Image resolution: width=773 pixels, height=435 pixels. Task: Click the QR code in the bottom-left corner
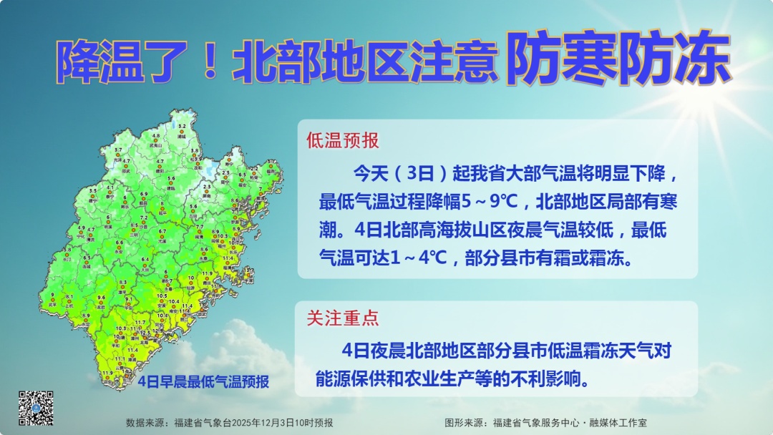pos(36,407)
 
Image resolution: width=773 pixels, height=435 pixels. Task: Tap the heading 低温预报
pos(343,140)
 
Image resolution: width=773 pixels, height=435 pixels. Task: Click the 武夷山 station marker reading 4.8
pos(155,140)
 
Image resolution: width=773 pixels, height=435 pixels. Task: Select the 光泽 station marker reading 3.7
pos(118,154)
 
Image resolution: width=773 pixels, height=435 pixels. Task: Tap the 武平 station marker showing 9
pos(53,300)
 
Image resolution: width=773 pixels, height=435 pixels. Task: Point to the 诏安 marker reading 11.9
pos(108,377)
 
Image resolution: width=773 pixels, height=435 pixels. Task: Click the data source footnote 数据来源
pos(229,423)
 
